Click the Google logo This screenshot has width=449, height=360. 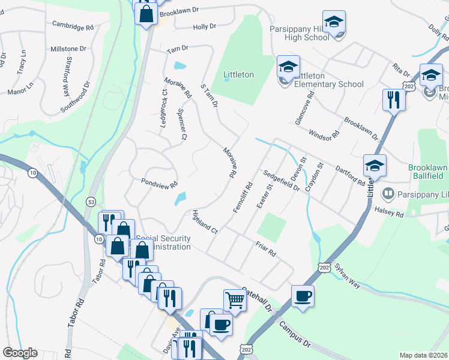click(20, 353)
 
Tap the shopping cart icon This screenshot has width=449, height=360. click(235, 299)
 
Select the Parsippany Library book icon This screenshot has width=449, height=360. click(388, 194)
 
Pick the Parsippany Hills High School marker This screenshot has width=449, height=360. click(334, 22)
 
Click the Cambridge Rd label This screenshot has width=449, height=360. click(73, 27)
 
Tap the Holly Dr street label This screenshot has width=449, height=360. click(204, 27)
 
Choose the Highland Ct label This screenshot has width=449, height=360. click(203, 221)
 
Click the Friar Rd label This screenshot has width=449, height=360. click(265, 249)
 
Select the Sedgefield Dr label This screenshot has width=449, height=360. click(280, 180)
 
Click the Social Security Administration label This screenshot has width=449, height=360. click(163, 242)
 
